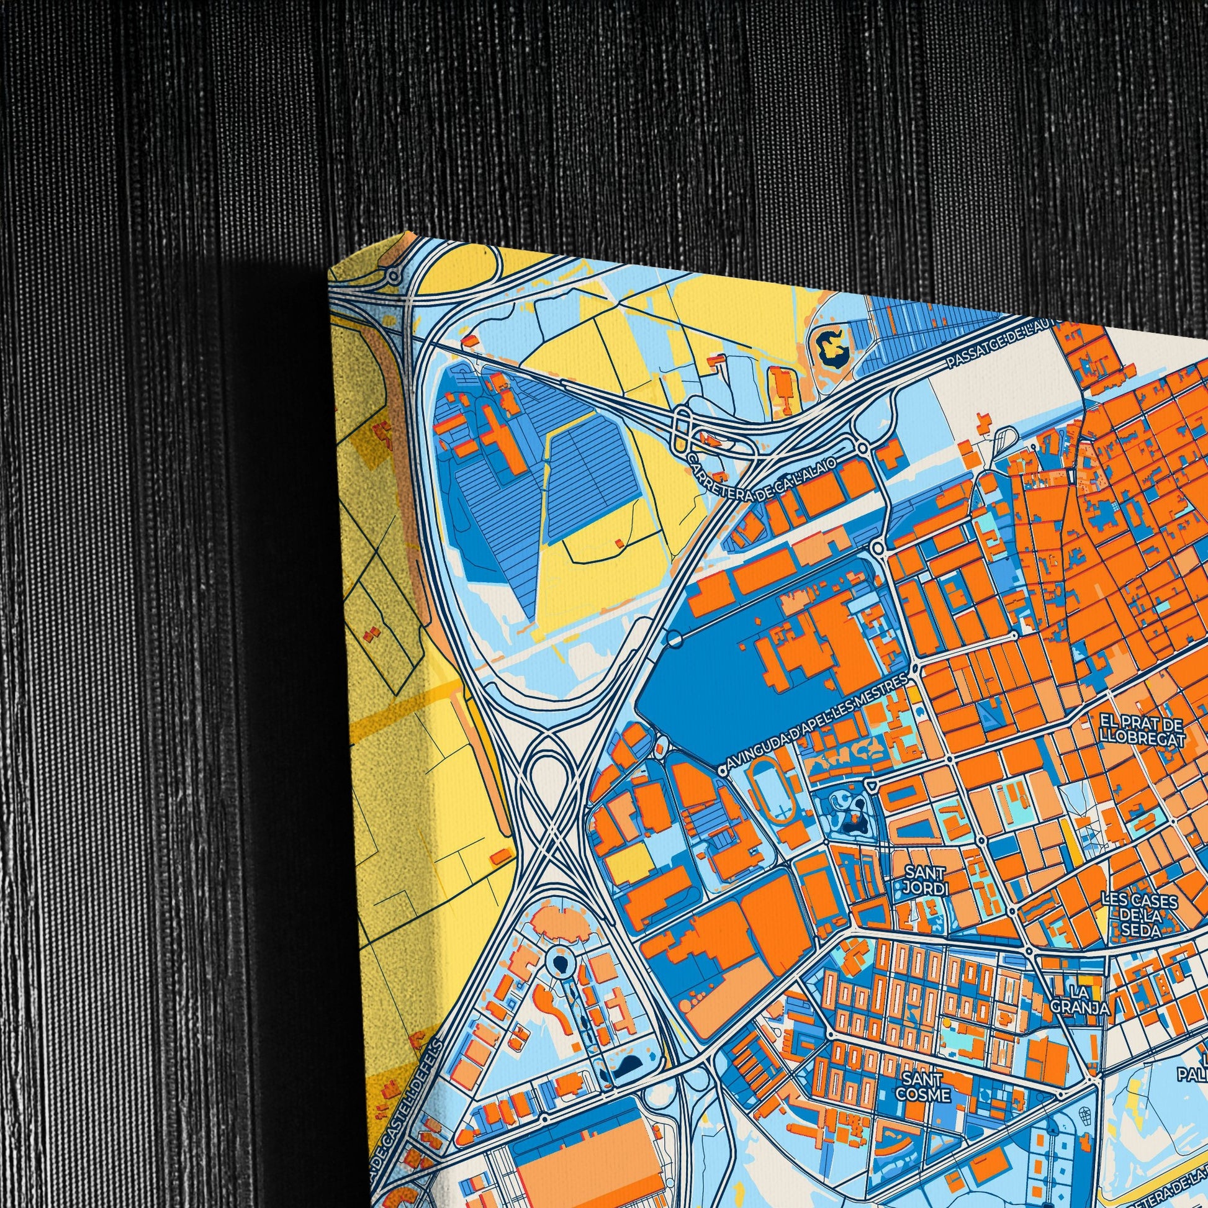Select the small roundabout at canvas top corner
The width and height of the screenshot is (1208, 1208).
pos(394,274)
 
